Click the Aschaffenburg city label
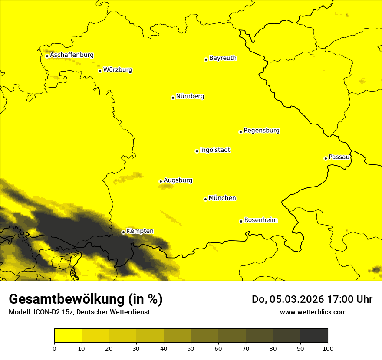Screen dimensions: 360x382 coord(72,55)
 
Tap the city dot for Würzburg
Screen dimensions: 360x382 coord(100,71)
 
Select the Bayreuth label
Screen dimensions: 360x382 coord(223,58)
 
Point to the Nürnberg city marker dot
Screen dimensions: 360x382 coord(173,98)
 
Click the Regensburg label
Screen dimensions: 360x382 coord(261,131)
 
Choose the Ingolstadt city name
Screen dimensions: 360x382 coord(215,150)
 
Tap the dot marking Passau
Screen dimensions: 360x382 coord(326,158)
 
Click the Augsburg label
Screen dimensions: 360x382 coord(178,180)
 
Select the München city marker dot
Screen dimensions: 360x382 coord(205,199)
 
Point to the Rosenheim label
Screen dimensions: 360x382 coord(260,220)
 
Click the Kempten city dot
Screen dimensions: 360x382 coord(123,232)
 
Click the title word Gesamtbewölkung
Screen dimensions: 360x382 coord(67,299)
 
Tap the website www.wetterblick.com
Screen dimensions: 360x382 coord(313,312)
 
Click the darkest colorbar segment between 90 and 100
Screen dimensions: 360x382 coord(314,336)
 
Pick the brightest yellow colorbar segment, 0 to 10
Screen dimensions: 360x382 coord(68,336)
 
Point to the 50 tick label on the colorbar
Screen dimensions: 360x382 coord(191,348)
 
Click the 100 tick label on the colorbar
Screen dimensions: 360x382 coord(328,348)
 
